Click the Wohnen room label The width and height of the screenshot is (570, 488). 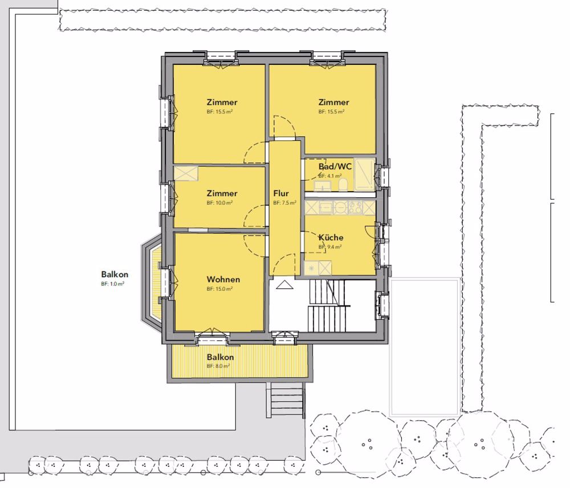[x=223, y=279]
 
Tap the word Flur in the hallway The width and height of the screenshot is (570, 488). [x=281, y=193]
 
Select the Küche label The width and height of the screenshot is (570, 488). [x=331, y=238]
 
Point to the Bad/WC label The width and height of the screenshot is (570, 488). [x=335, y=166]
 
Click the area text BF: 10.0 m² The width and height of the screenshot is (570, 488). [x=219, y=203]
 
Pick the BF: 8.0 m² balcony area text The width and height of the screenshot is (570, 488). [x=218, y=366]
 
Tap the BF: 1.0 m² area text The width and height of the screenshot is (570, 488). [x=113, y=284]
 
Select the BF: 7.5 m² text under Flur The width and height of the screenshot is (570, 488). [x=284, y=203]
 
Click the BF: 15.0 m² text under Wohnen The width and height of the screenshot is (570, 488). [x=219, y=289]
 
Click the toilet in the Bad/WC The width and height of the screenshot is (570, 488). [x=343, y=185]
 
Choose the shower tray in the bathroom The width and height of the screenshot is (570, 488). [x=364, y=174]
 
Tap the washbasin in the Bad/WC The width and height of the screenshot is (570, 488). [x=320, y=185]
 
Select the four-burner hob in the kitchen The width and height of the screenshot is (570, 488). [x=356, y=208]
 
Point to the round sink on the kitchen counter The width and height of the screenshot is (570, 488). [x=341, y=208]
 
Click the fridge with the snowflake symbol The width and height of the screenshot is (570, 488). [x=311, y=268]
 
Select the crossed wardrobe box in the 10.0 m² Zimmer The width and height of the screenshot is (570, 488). [x=186, y=173]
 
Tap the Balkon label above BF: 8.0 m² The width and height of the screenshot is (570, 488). [x=220, y=357]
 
